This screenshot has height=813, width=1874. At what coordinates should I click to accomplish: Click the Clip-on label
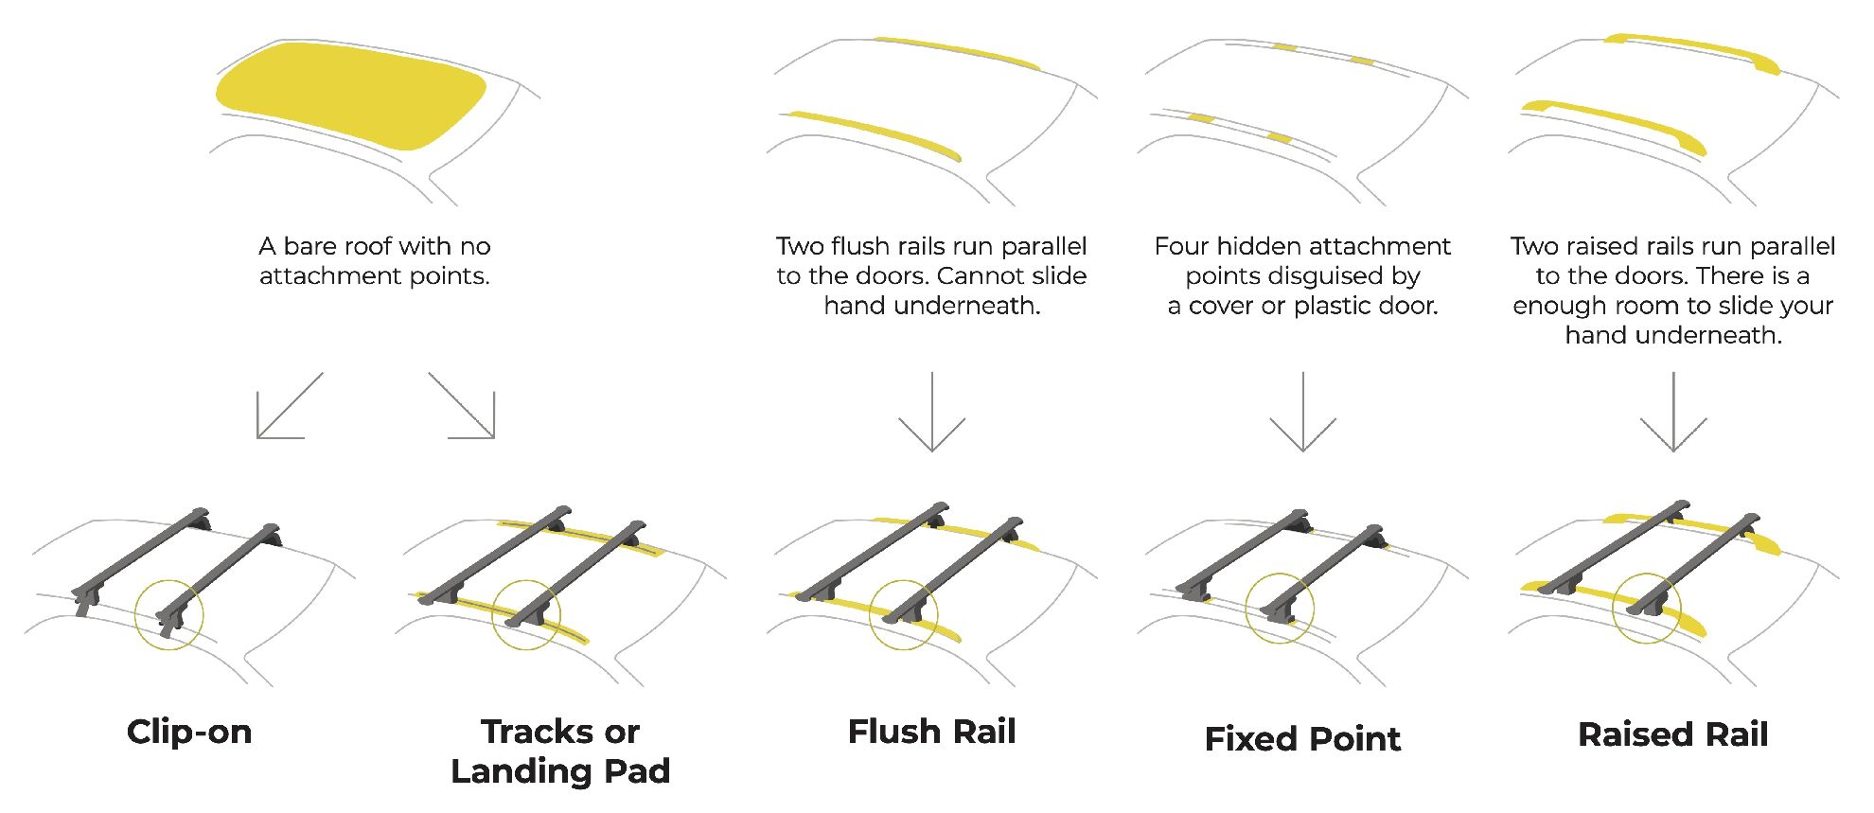coord(189,733)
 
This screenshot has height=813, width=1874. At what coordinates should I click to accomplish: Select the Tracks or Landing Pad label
coord(560,751)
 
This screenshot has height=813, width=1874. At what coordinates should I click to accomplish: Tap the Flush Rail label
coord(931,733)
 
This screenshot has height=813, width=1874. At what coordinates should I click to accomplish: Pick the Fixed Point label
coord(1302,739)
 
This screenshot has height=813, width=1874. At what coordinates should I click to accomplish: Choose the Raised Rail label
coord(1672,735)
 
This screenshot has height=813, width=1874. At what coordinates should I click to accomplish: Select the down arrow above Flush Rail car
coord(931,412)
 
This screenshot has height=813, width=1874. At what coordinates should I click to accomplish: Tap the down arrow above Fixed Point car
coord(1302,412)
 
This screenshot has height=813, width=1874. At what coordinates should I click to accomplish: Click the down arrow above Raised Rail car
coord(1673,412)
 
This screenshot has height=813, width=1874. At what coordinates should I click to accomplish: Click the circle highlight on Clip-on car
coord(169,615)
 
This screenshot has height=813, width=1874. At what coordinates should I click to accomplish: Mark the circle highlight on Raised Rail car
coord(1647,608)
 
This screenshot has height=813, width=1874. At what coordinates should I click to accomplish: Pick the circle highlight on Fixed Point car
coord(1280,608)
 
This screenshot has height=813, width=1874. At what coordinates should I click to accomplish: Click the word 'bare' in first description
coord(309,247)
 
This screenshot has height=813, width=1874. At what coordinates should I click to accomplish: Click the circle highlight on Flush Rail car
coord(904,615)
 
